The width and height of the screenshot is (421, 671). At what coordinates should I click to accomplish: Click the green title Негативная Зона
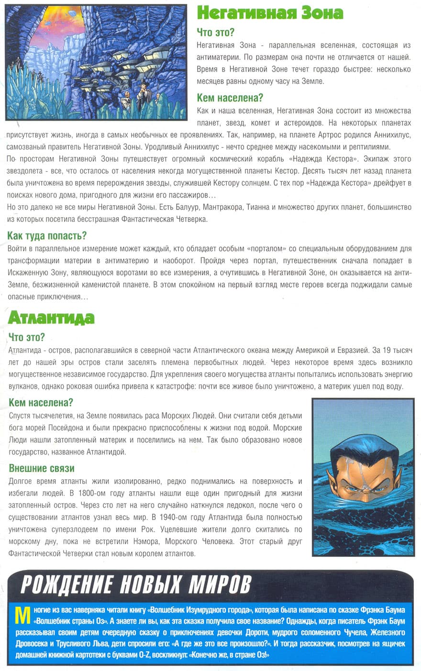270,13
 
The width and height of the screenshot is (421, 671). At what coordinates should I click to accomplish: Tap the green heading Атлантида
51,318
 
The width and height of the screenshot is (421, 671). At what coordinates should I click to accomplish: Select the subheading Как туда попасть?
47,236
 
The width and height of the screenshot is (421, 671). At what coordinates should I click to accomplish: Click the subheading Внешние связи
42,468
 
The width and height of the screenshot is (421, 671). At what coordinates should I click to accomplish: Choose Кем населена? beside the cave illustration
230,98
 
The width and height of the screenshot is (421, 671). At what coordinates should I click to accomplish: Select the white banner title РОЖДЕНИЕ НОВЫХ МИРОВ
136,585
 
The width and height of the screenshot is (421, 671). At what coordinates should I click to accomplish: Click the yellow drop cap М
21,615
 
